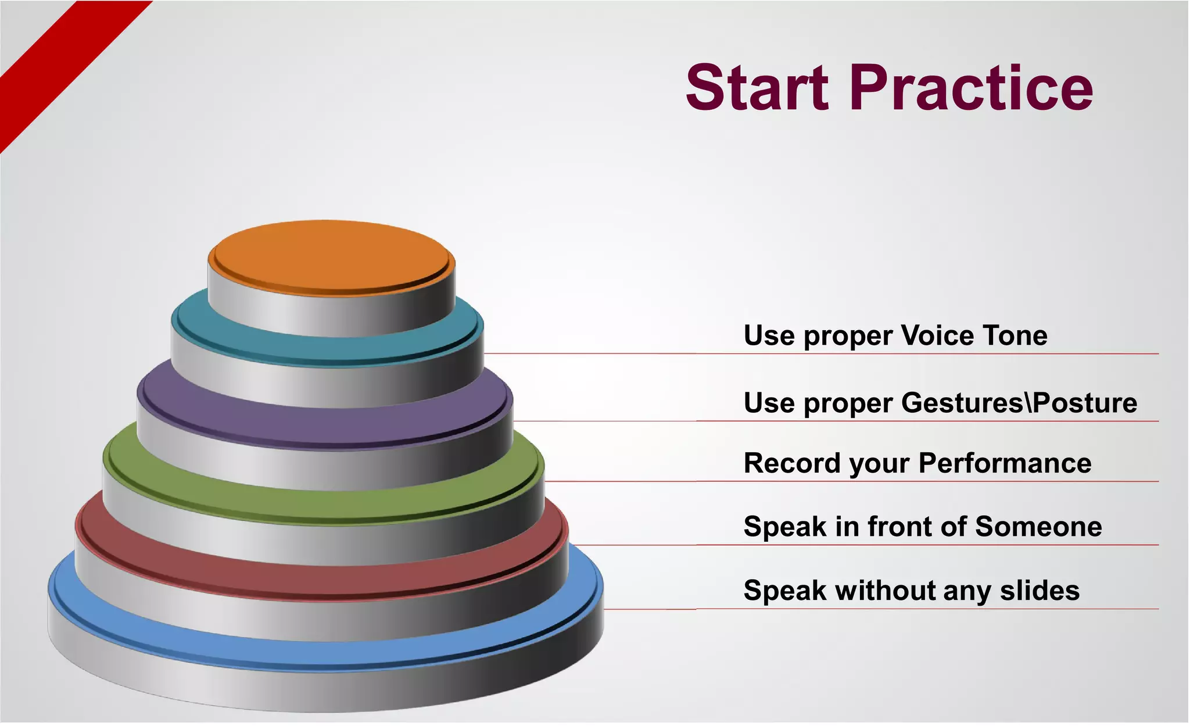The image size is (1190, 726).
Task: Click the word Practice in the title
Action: [971, 88]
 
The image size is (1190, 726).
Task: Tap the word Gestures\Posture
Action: [1019, 403]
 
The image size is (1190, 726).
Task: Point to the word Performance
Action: [1005, 463]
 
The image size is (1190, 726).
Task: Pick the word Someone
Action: [1038, 527]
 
